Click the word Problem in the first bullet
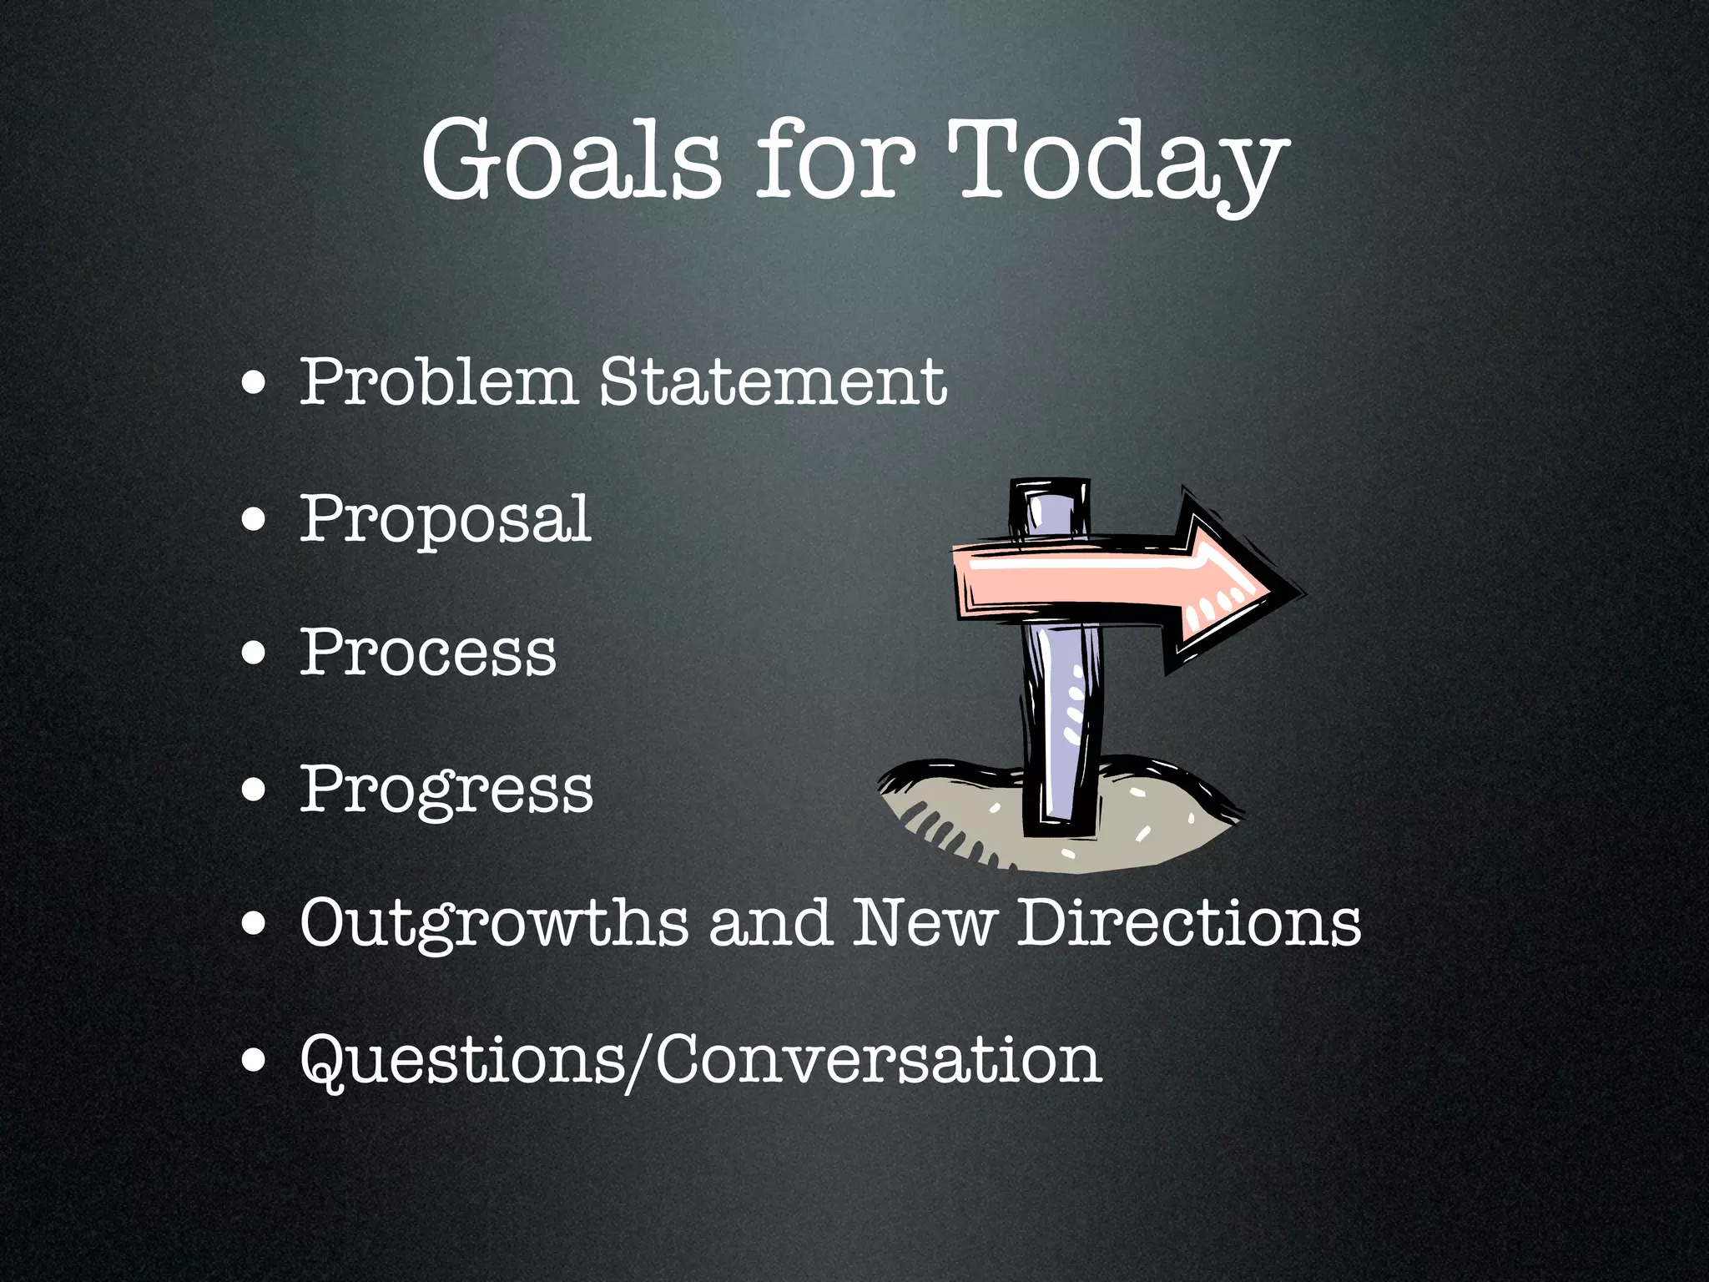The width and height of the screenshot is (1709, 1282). coord(438,381)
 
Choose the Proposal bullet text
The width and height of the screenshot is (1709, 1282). coord(446,519)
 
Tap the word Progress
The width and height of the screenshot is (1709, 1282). coord(446,789)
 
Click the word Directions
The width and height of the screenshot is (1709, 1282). coord(1188,923)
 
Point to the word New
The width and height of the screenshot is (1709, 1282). coord(924,923)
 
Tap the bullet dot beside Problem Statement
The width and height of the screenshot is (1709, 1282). coord(254,385)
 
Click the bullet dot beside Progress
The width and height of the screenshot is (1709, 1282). coord(254,790)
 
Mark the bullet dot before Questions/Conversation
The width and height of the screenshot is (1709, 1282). coord(254,1061)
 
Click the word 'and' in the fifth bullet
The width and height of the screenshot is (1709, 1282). coord(770,923)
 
